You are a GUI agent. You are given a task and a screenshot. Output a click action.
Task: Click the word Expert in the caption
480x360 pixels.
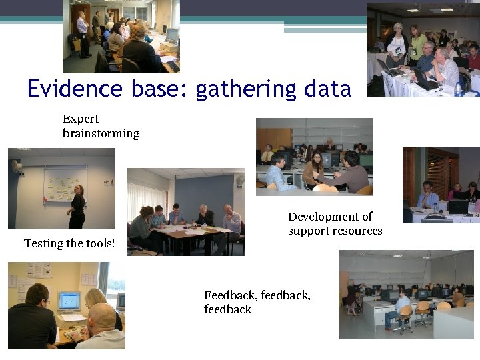coord(81,119)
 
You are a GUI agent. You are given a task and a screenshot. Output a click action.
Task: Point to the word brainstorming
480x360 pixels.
coord(101,133)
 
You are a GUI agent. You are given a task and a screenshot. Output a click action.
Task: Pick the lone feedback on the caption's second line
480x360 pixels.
coord(227,309)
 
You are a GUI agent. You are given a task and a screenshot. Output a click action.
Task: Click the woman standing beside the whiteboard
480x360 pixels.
coord(77,207)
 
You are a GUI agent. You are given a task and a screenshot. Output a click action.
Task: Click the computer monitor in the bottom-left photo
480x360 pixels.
coord(69,302)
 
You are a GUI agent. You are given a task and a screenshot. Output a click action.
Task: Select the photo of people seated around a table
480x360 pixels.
coord(185,212)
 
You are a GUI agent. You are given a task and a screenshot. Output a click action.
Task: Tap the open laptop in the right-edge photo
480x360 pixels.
coord(459,207)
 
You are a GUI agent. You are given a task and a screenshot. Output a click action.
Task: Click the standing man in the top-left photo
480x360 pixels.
coord(82,33)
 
